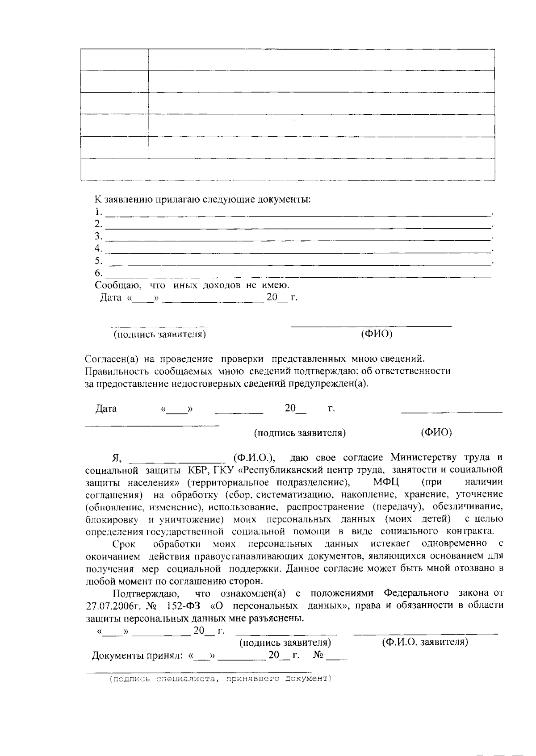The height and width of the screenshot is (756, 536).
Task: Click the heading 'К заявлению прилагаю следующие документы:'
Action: click(x=202, y=199)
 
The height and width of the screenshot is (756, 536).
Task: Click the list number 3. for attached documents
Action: click(x=98, y=236)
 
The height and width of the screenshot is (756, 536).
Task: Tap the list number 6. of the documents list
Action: click(x=98, y=273)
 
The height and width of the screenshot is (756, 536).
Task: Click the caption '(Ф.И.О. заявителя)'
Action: click(x=425, y=643)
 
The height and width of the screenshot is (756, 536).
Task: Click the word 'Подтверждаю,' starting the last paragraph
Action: click(x=147, y=593)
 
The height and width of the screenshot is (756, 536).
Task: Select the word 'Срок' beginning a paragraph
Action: click(x=124, y=544)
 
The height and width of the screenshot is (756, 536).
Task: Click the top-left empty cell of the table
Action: click(x=114, y=60)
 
